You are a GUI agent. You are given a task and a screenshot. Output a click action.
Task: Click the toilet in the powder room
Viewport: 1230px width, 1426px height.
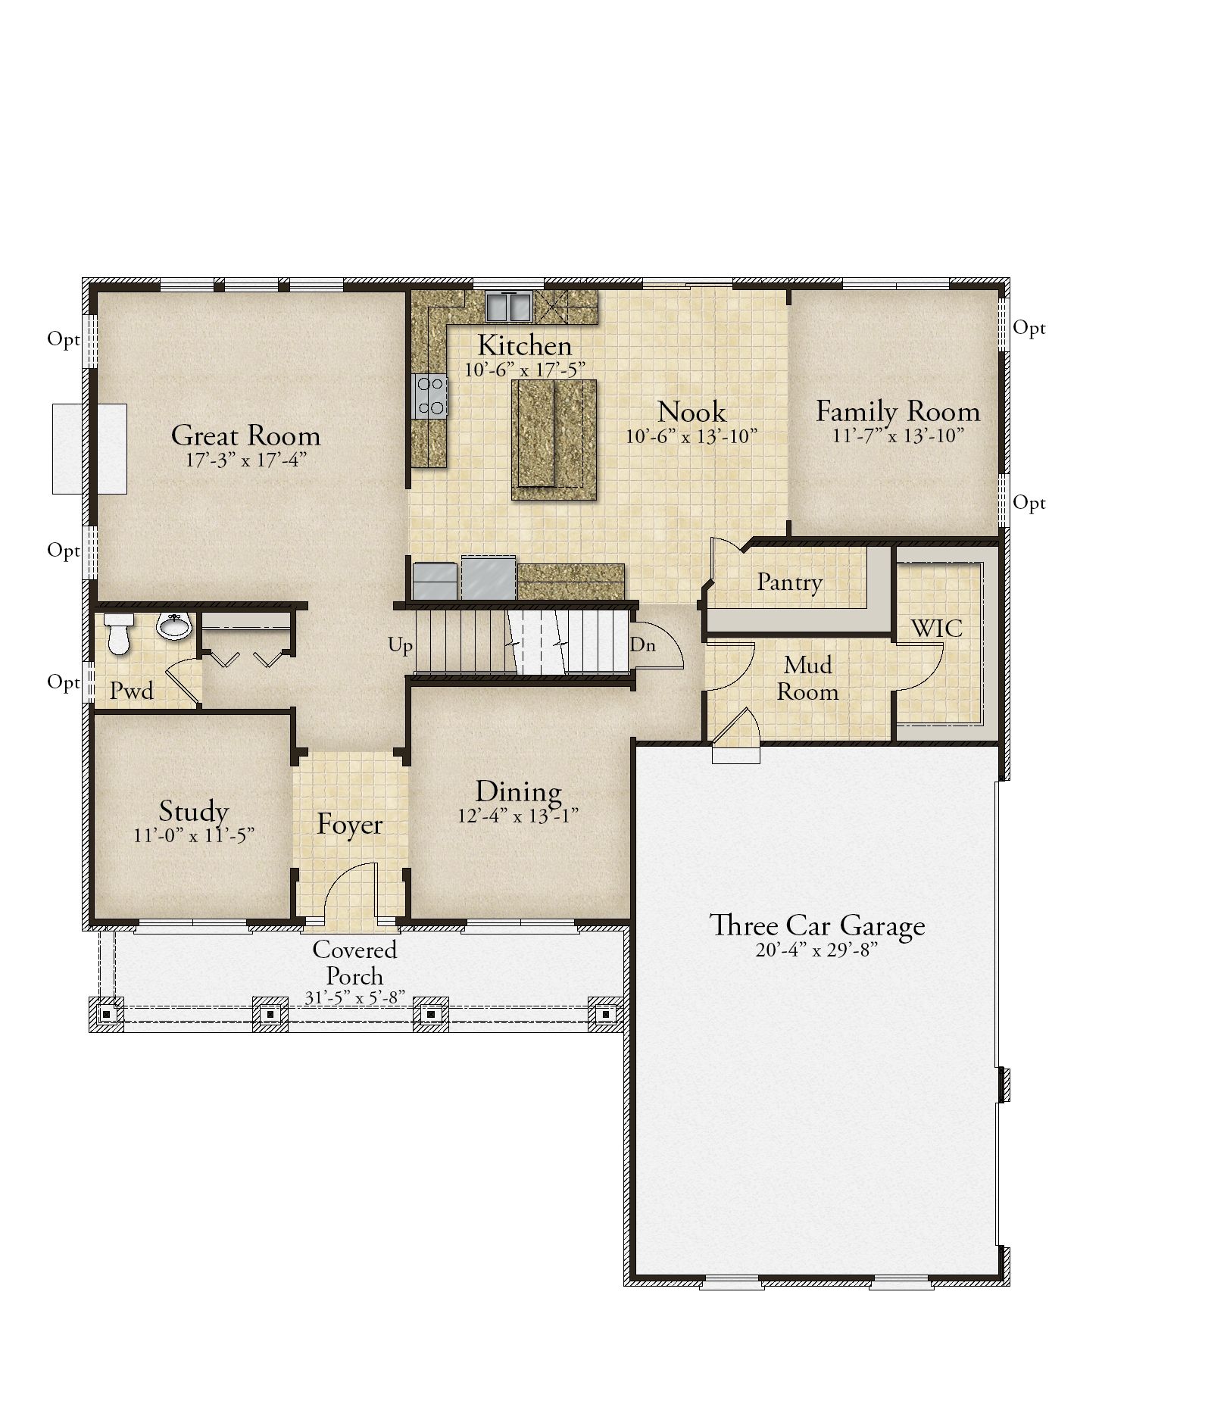tap(118, 633)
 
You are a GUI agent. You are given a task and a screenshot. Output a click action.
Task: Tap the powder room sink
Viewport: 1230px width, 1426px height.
tap(173, 626)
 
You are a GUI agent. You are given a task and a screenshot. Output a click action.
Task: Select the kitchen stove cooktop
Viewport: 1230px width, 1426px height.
tap(429, 396)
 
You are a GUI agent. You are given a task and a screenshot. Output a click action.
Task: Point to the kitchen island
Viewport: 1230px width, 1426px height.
tap(554, 439)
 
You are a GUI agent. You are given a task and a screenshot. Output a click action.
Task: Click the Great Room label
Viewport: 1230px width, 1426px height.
tap(246, 435)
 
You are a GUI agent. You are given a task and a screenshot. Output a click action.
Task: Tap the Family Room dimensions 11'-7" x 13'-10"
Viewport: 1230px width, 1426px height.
tap(898, 435)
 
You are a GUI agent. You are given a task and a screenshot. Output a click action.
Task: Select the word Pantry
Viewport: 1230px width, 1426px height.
tap(790, 582)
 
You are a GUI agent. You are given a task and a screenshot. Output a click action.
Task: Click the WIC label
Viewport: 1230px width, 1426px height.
tap(937, 628)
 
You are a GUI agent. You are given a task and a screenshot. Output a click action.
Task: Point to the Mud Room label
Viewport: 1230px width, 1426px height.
tap(808, 678)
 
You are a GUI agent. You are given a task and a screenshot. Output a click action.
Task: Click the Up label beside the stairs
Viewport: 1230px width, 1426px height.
tap(401, 645)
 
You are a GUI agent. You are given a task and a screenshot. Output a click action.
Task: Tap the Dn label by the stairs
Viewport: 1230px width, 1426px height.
tap(642, 644)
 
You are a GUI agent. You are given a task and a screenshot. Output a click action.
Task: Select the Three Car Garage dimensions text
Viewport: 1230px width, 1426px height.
tap(816, 950)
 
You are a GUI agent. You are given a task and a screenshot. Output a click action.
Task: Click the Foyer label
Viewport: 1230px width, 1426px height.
tap(349, 824)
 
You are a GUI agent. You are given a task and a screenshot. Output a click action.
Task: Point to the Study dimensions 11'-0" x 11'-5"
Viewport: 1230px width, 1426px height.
tap(194, 835)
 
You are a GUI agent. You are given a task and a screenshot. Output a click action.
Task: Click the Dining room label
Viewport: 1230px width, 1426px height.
tap(519, 792)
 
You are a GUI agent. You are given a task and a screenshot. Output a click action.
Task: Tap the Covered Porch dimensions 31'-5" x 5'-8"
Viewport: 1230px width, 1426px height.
tap(355, 998)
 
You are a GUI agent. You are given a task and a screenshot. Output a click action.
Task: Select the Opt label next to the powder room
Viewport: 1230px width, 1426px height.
tap(64, 682)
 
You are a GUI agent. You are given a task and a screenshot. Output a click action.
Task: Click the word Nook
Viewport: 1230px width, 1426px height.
tap(691, 412)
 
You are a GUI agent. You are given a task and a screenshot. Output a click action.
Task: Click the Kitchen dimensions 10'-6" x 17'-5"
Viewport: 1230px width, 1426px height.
tap(525, 370)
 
